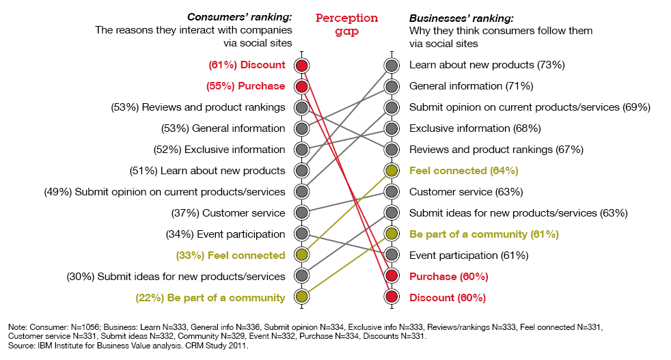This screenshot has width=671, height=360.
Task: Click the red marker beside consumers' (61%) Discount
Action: (x=301, y=66)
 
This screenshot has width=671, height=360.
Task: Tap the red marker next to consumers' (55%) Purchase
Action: (x=301, y=87)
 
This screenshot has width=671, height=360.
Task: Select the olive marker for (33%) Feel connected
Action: (x=301, y=255)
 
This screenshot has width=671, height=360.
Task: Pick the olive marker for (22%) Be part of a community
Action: (x=301, y=297)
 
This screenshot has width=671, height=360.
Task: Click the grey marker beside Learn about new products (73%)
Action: (x=392, y=66)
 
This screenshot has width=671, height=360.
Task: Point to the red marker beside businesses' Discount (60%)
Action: (x=392, y=297)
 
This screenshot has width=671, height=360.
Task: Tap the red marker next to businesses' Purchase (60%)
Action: (x=392, y=276)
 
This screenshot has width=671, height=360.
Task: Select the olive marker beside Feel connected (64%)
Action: (x=392, y=171)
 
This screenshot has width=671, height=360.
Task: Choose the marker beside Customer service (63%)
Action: (x=392, y=192)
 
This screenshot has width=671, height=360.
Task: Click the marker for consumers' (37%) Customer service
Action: (x=301, y=212)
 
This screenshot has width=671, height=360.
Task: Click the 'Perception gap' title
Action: (x=346, y=24)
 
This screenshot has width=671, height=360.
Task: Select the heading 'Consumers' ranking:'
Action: (x=240, y=17)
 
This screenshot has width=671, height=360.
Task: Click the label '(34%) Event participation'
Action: (x=225, y=234)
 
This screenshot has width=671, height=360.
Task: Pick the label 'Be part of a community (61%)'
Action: (x=484, y=234)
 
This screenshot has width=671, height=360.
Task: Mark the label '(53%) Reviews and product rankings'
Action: (x=198, y=107)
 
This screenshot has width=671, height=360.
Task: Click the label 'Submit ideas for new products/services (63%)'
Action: (x=518, y=212)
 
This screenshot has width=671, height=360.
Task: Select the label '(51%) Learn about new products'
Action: (x=207, y=171)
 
